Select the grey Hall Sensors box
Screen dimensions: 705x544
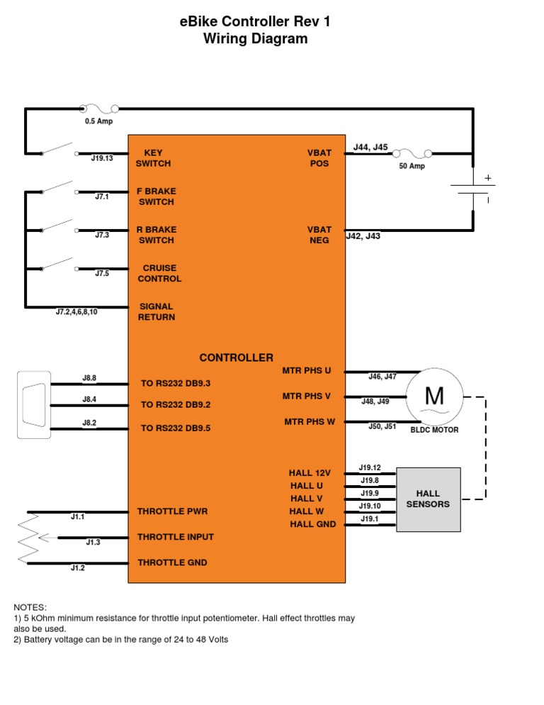pyautogui.click(x=428, y=499)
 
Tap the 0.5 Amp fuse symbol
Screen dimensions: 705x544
pyautogui.click(x=98, y=109)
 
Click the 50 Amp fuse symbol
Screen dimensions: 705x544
pyautogui.click(x=412, y=153)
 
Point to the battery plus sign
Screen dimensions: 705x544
pyautogui.click(x=487, y=177)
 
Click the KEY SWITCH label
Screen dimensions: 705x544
pyautogui.click(x=153, y=158)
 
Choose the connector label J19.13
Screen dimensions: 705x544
pyautogui.click(x=102, y=158)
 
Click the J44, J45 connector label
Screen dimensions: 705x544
pyautogui.click(x=370, y=148)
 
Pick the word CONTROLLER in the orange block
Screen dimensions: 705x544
pyautogui.click(x=236, y=357)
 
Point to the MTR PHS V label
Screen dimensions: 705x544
pyautogui.click(x=307, y=396)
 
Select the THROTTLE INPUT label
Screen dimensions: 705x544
pyautogui.click(x=175, y=537)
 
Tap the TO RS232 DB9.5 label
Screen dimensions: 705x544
pyautogui.click(x=176, y=428)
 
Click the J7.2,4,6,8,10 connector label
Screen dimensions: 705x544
pyautogui.click(x=76, y=311)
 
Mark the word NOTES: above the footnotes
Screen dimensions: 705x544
pyautogui.click(x=30, y=607)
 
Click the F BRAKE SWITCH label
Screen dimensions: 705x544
pyautogui.click(x=157, y=196)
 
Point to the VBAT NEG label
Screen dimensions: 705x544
pyautogui.click(x=319, y=235)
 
